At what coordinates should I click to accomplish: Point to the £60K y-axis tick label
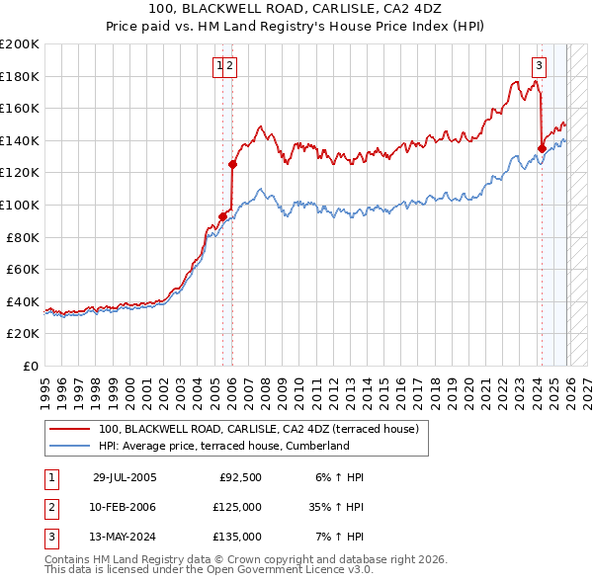[x=23, y=269]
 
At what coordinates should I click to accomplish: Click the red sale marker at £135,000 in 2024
[x=542, y=149]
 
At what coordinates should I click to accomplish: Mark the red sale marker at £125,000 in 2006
[x=233, y=165]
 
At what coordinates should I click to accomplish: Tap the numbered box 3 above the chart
[x=539, y=66]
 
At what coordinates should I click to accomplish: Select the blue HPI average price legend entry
[x=223, y=446]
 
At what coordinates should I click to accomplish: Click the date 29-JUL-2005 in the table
[x=125, y=477]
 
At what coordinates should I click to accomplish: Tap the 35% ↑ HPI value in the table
[x=336, y=507]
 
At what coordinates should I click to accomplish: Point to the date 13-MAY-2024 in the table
[x=125, y=537]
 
